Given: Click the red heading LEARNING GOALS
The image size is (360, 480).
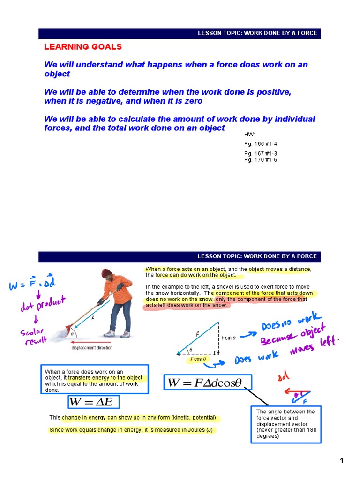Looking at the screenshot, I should pos(83,46).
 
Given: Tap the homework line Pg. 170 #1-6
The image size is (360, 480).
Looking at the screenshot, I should pos(261,160).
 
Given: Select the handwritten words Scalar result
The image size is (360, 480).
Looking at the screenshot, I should pos(34,337).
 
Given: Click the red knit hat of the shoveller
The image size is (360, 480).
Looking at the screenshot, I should pos(106,273).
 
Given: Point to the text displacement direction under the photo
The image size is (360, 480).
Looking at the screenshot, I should pos(92,348).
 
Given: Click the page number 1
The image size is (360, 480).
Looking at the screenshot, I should pos(342,460).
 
